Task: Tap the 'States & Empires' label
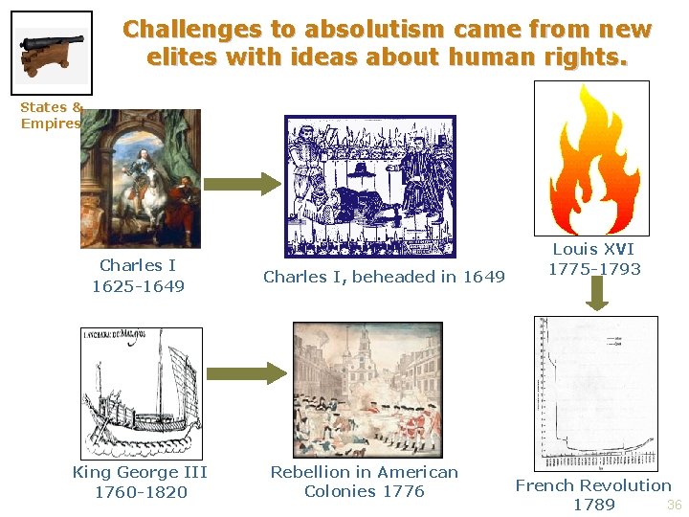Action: coord(51,115)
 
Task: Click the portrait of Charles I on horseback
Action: coord(141,178)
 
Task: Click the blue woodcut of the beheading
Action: coord(370,186)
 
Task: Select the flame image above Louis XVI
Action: coord(590,158)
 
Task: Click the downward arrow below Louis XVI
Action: coord(596,294)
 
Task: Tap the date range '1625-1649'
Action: coord(138,286)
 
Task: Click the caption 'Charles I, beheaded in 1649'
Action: coord(384,277)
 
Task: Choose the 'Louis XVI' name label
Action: coord(593,249)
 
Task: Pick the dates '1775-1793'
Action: coord(594,269)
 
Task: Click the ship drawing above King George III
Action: coord(141,393)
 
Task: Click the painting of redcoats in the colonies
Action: coord(365,389)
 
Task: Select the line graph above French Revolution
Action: coord(595,393)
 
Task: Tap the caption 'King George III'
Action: coord(140,472)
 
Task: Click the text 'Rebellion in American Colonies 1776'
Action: coord(364,482)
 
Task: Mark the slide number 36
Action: coord(674,505)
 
